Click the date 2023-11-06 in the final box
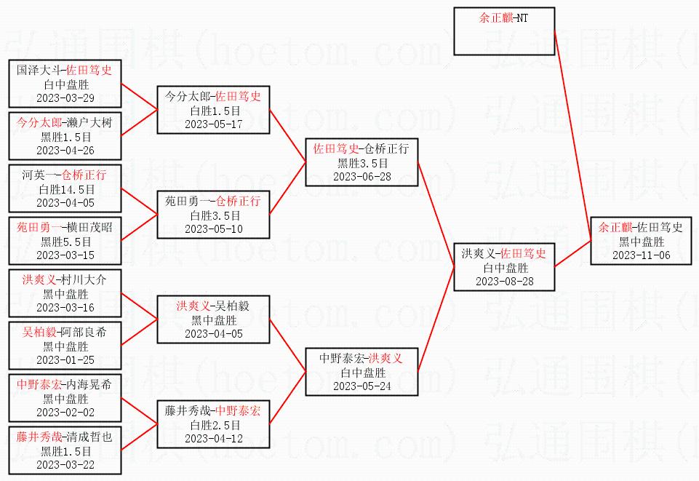641,255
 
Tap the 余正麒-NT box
504,31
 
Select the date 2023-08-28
504,282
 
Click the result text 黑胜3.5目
362,163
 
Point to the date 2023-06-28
362,177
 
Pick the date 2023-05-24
362,386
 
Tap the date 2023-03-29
65,98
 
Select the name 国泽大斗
39,70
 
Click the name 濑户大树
89,122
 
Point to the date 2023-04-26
65,150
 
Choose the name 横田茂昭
89,227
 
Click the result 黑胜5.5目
65,242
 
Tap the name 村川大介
84,280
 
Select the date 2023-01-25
65,359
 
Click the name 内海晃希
89,384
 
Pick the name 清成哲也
89,437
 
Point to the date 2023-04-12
214,439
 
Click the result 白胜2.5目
215,425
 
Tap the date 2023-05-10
214,229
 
